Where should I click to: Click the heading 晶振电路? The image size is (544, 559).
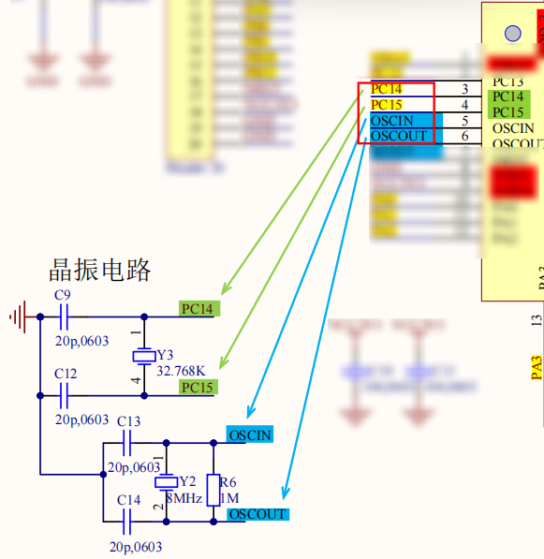click(100, 271)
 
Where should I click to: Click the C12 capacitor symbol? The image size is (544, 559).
click(65, 396)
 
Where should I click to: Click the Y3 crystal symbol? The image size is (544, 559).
click(143, 356)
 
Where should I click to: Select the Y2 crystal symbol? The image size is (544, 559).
click(165, 481)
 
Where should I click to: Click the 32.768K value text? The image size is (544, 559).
click(181, 371)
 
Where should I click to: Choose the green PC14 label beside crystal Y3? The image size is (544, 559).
click(198, 308)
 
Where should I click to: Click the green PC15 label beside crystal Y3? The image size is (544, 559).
click(198, 388)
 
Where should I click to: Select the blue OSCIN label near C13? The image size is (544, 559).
click(249, 434)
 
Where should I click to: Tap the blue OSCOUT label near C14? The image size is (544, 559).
click(257, 514)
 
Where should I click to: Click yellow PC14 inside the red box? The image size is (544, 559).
click(386, 89)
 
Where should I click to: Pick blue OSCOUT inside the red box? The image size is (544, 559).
click(399, 136)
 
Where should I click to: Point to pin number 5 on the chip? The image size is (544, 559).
click(464, 121)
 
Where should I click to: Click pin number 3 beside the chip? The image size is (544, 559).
click(464, 89)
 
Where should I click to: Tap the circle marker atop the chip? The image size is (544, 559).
click(512, 34)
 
